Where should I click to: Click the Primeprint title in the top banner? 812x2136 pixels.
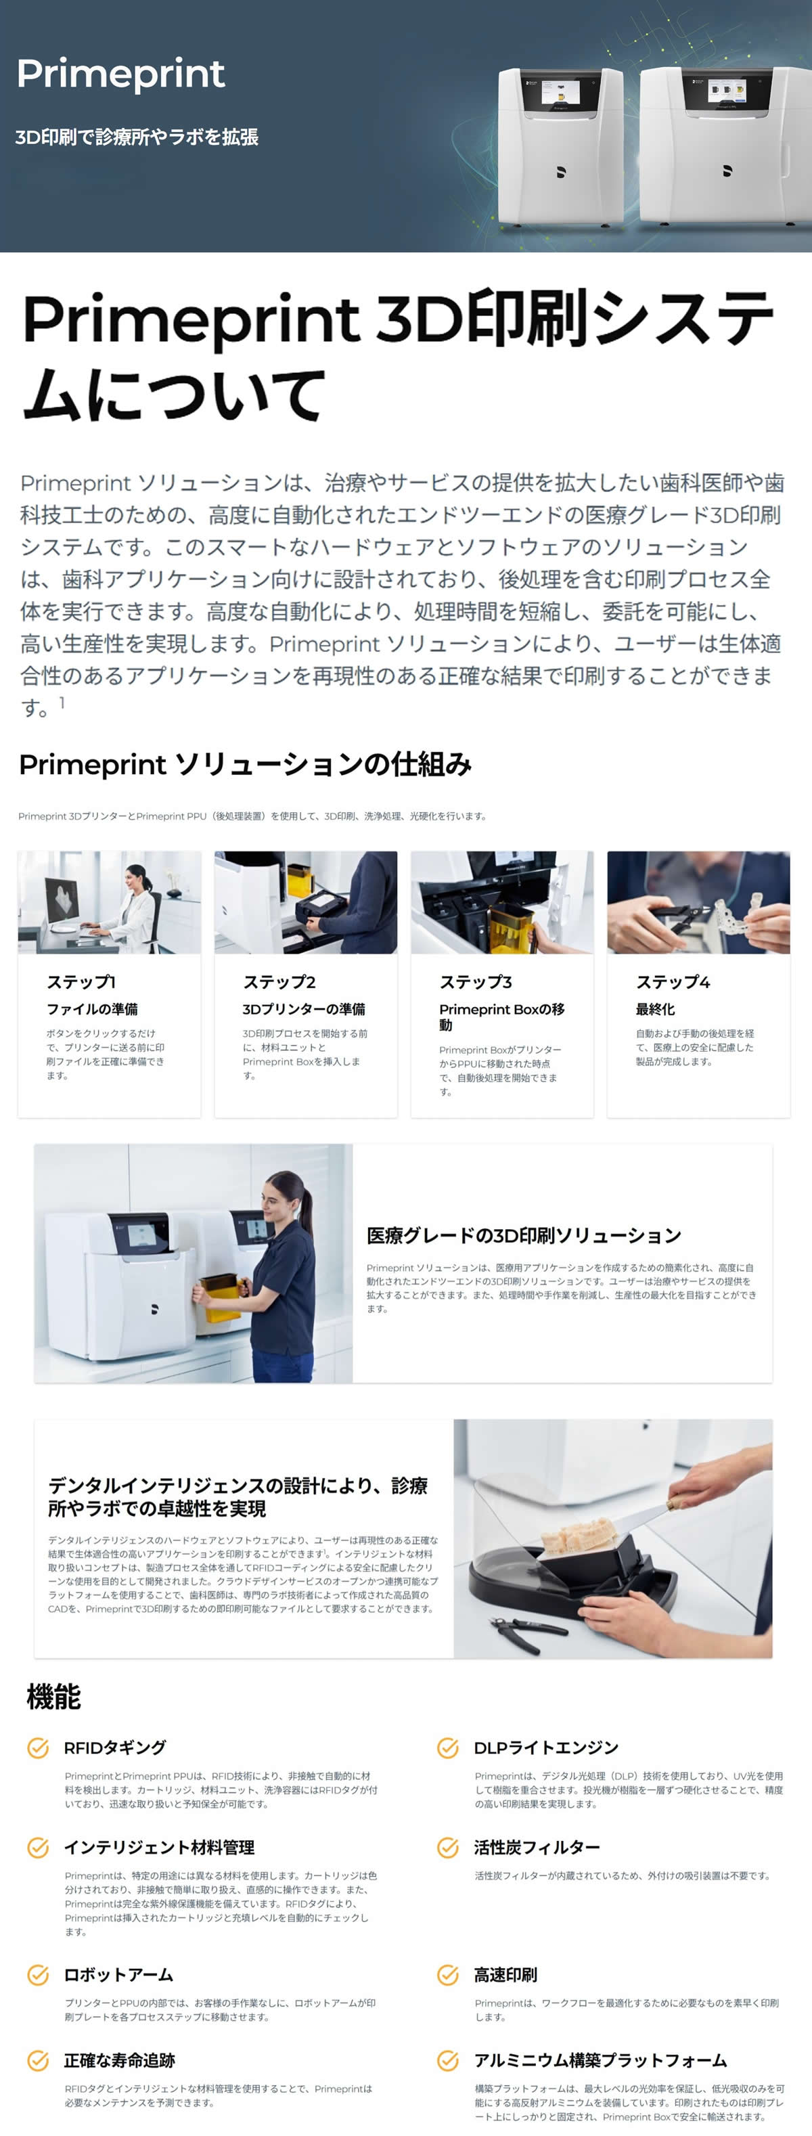coord(120,74)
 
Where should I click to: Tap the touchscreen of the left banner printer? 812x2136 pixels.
coord(558,91)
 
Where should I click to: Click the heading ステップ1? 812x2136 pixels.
coord(81,982)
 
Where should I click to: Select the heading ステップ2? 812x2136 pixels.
coord(279,982)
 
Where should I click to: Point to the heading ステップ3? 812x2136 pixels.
coord(475,982)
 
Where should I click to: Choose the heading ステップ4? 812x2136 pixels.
coord(673,982)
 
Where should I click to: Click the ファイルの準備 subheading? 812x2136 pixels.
coord(92,1009)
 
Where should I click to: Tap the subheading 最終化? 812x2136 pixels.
coord(655,1009)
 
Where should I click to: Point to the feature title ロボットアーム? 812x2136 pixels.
coord(118,1974)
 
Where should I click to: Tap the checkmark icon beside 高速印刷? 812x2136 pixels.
coord(448,1974)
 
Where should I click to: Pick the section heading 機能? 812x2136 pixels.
coord(54,1697)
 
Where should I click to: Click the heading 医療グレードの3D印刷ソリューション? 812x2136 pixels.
coord(523,1235)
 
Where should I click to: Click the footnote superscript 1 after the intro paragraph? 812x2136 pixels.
coord(62,703)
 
